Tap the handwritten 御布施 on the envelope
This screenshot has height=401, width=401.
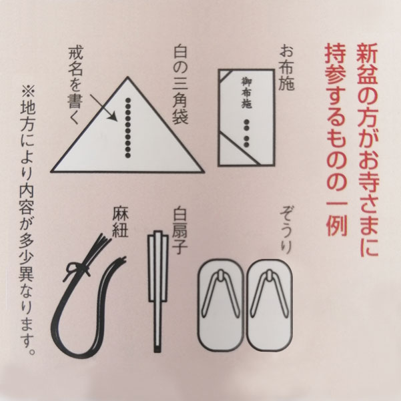click(x=247, y=93)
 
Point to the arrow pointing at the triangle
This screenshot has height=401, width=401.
click(x=103, y=107)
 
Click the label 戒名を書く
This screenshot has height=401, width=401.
click(x=75, y=85)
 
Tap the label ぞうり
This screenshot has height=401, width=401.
click(x=286, y=230)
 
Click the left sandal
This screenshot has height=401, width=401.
click(x=220, y=306)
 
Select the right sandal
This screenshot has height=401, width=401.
click(x=270, y=306)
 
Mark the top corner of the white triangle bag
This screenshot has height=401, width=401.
click(x=127, y=77)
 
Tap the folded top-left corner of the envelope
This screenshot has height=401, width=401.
click(x=224, y=75)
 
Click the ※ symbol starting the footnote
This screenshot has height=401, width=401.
click(x=27, y=91)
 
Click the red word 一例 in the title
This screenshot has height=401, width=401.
click(x=336, y=213)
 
